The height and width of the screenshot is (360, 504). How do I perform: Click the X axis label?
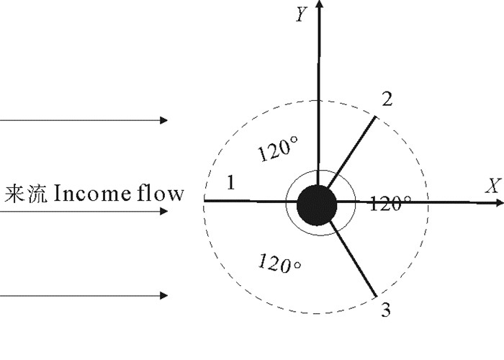point(492,186)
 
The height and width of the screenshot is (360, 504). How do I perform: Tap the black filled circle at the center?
point(316,202)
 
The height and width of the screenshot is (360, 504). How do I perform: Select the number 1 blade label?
point(230,183)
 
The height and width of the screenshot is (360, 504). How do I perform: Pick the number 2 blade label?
point(387,99)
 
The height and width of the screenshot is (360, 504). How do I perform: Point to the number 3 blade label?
point(386,311)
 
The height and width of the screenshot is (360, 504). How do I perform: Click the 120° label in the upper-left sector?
point(278,150)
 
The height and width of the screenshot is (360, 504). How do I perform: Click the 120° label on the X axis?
point(390,204)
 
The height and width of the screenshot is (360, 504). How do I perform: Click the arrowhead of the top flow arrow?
point(165,120)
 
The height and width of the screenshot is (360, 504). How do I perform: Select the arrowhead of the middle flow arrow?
point(165,212)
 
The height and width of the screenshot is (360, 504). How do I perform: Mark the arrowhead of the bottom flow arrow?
point(165,295)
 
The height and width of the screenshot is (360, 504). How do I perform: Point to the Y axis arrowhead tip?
point(319,2)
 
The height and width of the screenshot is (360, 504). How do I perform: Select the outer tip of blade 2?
point(376,117)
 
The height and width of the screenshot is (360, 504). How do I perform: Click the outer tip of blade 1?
point(205,201)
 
